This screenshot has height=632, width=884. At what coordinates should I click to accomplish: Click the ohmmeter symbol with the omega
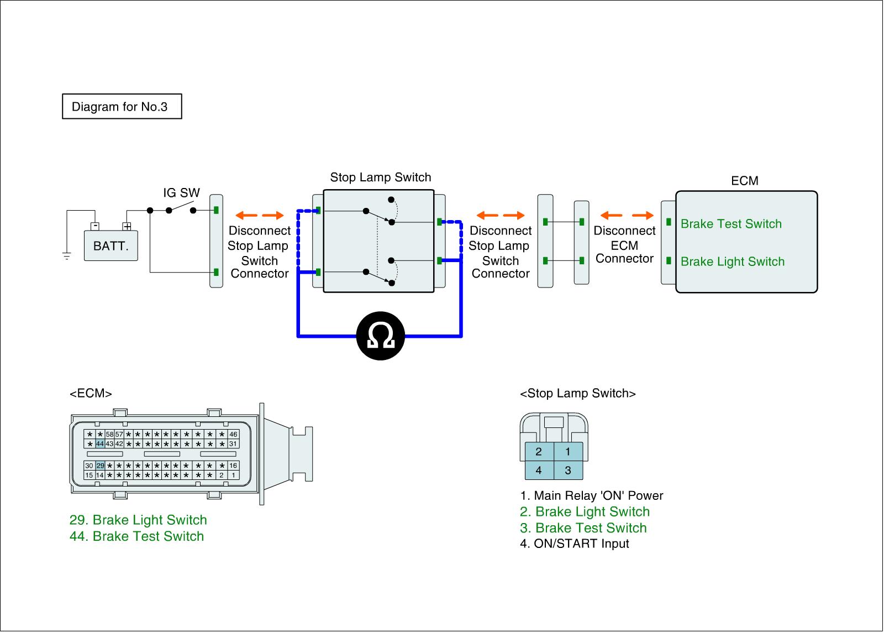(x=380, y=336)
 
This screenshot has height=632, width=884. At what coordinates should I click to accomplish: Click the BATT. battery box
(x=110, y=246)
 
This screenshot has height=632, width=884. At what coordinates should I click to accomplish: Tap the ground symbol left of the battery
(x=67, y=256)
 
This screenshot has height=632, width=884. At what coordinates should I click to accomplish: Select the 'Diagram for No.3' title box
(x=122, y=107)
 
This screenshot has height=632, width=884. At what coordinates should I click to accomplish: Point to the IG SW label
(x=181, y=193)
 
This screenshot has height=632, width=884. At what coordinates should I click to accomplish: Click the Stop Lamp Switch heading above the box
(x=380, y=177)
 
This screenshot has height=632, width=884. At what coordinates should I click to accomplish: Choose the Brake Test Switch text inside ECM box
(x=731, y=224)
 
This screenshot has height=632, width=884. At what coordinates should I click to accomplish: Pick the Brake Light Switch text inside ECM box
(x=732, y=262)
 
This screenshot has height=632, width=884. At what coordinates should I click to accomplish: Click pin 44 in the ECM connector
(x=100, y=444)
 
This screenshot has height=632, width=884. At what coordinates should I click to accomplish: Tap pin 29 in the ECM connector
(x=101, y=466)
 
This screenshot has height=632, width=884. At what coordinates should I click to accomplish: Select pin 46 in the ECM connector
(x=233, y=435)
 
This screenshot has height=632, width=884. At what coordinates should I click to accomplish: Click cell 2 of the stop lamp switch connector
(x=539, y=452)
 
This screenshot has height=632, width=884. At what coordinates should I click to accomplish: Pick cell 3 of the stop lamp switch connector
(x=568, y=471)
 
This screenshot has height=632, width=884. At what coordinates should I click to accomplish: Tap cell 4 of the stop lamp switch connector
(x=539, y=471)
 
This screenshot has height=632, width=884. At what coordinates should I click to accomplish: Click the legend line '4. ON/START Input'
(x=574, y=544)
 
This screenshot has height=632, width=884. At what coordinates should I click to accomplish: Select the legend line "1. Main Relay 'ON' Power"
(x=591, y=495)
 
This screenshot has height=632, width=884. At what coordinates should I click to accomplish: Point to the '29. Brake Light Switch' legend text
(x=138, y=520)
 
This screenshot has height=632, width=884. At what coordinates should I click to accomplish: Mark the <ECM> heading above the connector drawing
(x=91, y=394)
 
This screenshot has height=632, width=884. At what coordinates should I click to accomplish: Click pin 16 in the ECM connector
(x=233, y=466)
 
